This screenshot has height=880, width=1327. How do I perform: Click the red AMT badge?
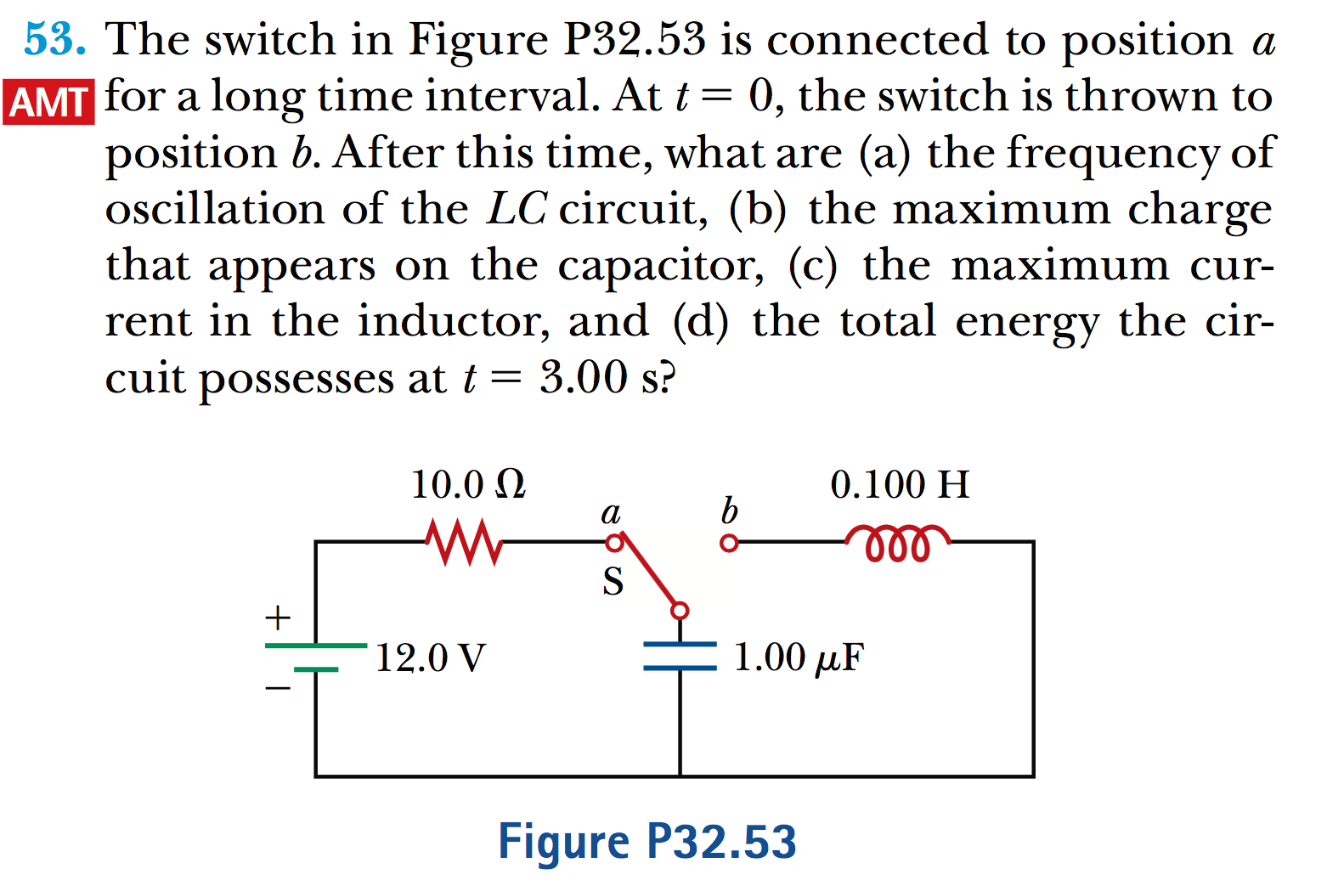pos(48,102)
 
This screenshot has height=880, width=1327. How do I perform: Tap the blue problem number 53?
pos(54,40)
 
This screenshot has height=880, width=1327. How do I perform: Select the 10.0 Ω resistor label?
pos(468,485)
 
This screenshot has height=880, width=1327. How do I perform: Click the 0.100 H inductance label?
pos(900,485)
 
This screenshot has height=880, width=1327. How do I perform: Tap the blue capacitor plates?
pos(680,656)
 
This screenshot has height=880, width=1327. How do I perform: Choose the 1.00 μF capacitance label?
pos(798,657)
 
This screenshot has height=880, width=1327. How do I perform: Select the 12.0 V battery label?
pos(431,657)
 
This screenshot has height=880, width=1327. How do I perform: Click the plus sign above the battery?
pos(278,618)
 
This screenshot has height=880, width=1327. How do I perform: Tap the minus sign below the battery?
pos(278,688)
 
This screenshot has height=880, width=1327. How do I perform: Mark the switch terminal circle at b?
pos(728,543)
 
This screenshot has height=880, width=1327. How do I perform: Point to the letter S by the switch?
pos(613,583)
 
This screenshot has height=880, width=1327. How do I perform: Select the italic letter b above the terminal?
pos(729,511)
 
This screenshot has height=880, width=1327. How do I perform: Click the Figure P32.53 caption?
pos(647,842)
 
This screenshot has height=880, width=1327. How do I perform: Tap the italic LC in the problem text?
pos(517,209)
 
